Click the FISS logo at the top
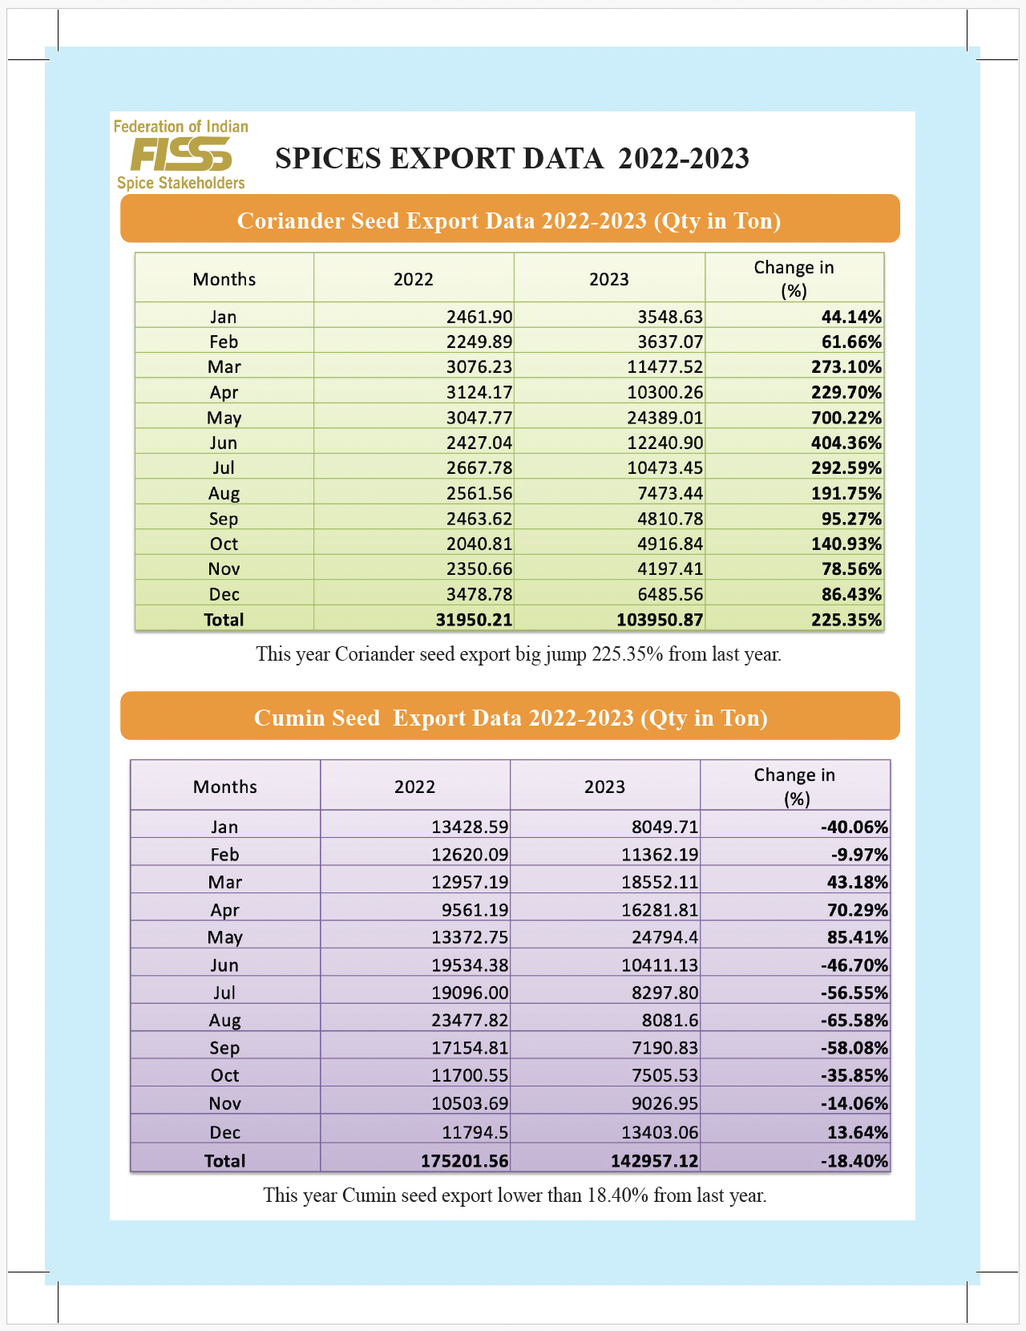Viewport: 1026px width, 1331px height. coord(181,154)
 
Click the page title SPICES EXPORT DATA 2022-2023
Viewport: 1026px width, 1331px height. coord(512,159)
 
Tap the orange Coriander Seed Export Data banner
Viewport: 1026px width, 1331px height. coord(510,220)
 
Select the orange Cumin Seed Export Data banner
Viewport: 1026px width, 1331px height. coord(510,717)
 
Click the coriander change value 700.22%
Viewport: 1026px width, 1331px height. coord(846,418)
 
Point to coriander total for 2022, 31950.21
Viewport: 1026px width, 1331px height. coord(474,620)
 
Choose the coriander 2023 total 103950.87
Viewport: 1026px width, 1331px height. coord(660,620)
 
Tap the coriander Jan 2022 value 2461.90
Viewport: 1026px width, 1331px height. coord(479,317)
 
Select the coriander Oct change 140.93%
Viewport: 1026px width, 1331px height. coord(846,544)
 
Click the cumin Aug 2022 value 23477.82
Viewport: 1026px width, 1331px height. coord(470,1020)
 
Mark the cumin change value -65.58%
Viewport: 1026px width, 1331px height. coord(854,1020)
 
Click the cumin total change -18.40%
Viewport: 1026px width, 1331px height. coord(854,1160)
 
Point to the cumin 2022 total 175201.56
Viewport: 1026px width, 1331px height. coord(464,1160)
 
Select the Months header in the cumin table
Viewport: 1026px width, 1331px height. coord(225,787)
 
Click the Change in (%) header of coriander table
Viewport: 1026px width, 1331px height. coord(794,278)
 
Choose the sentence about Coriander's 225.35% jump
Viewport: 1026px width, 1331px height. coord(519,654)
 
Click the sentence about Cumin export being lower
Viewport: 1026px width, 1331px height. coord(515,1195)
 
